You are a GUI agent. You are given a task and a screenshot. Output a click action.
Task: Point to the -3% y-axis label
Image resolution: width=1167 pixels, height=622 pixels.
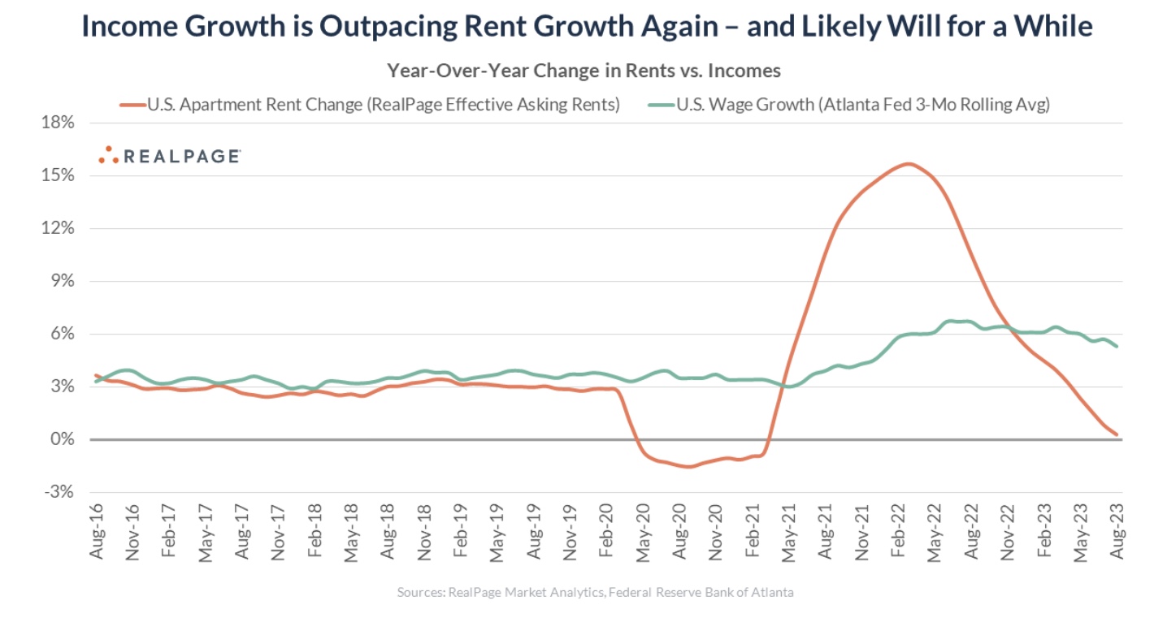tap(59, 493)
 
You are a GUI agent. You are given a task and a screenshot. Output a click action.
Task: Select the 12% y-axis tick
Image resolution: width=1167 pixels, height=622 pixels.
tap(59, 228)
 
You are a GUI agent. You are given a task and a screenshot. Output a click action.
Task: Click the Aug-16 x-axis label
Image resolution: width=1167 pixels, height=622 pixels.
tap(98, 532)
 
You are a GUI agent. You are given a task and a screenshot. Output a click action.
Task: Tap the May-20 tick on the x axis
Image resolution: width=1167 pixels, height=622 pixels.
tap(644, 532)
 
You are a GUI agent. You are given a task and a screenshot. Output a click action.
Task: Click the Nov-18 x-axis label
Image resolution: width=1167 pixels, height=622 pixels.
tap(425, 532)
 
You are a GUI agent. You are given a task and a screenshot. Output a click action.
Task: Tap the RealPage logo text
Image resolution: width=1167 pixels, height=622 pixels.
tap(181, 156)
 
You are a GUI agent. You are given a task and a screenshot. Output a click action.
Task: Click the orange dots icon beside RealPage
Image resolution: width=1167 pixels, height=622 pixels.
tap(108, 155)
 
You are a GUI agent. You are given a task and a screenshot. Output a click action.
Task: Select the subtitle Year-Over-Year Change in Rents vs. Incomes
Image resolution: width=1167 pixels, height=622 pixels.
tap(583, 71)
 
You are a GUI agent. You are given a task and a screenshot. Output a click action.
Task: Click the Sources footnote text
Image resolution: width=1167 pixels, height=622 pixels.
tap(595, 593)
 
